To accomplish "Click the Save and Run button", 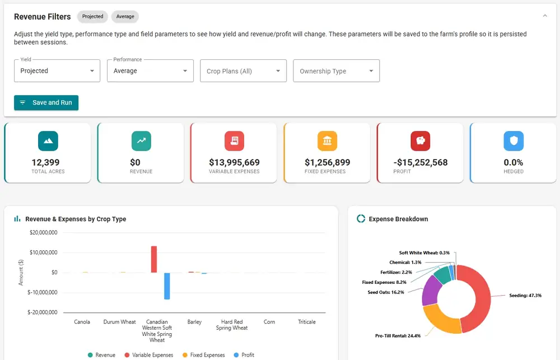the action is (46, 102).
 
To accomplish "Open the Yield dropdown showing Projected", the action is (57, 71).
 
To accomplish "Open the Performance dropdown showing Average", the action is (150, 71).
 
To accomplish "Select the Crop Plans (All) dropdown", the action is (243, 71).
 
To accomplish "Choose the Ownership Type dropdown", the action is (336, 71).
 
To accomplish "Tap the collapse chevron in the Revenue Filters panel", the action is (545, 16).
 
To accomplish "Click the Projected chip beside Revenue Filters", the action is (92, 16).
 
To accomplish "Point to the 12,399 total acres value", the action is (46, 162).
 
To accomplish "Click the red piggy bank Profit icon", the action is (421, 141).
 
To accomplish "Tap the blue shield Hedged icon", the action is (514, 141).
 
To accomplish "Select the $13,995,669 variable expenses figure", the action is (234, 162).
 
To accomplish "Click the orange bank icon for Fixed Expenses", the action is (327, 141).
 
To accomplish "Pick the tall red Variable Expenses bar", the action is (154, 259).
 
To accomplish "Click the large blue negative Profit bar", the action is (167, 286).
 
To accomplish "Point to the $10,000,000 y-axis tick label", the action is (43, 253).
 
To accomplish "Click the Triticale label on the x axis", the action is (307, 322).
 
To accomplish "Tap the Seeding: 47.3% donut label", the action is (525, 296).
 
